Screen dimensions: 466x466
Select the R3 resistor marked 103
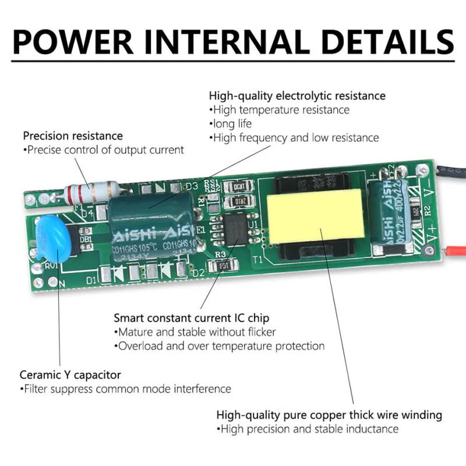pos(221,267)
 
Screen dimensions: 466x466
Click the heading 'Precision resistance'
pos(73,136)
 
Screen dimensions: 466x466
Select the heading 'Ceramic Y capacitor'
pos(70,375)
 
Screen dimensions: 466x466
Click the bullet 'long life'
pos(230,123)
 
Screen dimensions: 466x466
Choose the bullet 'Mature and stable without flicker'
pos(195,332)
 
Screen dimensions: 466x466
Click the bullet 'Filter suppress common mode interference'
pos(125,389)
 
